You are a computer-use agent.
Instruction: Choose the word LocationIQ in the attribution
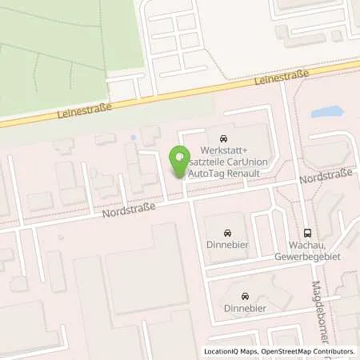(221, 351)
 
